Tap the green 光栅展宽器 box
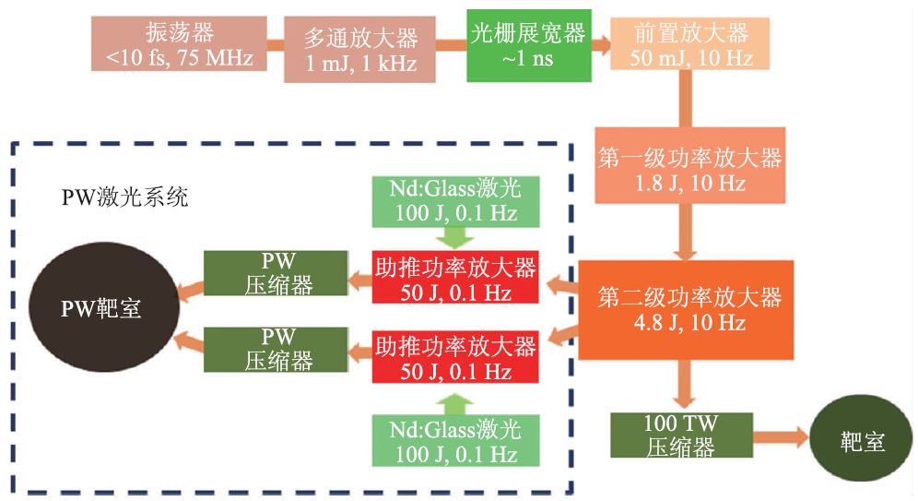pyautogui.click(x=525, y=44)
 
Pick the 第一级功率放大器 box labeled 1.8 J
pyautogui.click(x=689, y=165)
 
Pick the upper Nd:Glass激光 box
pyautogui.click(x=455, y=201)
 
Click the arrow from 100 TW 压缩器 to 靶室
pyautogui.click(x=780, y=437)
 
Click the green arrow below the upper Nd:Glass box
pyautogui.click(x=455, y=236)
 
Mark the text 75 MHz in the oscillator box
pyautogui.click(x=217, y=60)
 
